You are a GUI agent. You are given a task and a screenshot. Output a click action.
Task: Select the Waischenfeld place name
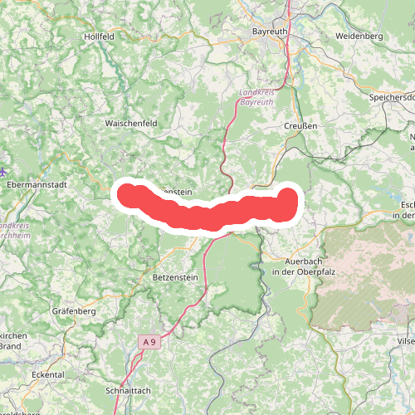(x=130, y=123)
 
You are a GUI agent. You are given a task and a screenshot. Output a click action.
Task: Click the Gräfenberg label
(x=75, y=311)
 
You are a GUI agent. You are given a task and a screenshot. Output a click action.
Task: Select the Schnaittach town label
(x=129, y=389)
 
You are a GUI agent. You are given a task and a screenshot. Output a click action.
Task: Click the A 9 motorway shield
(x=149, y=342)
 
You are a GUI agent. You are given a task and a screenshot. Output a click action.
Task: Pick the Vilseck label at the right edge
(x=406, y=341)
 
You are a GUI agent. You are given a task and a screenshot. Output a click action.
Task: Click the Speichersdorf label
(x=391, y=96)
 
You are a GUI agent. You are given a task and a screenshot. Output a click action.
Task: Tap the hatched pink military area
(x=365, y=274)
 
